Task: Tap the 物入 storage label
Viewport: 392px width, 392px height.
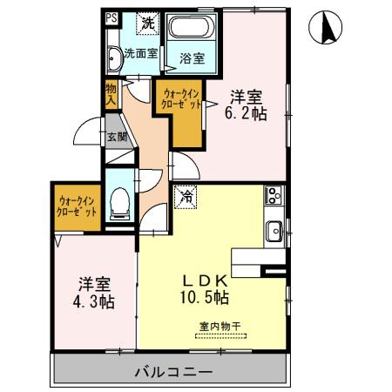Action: point(112,92)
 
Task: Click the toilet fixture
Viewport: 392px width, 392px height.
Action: point(121,202)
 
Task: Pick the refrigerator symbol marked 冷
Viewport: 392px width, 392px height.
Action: point(185,198)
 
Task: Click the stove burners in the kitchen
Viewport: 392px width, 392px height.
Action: point(272,196)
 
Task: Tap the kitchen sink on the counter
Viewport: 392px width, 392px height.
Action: point(273,231)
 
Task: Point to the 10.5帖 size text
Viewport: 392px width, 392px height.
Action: point(205,298)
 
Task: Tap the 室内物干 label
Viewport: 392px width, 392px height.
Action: point(219,328)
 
